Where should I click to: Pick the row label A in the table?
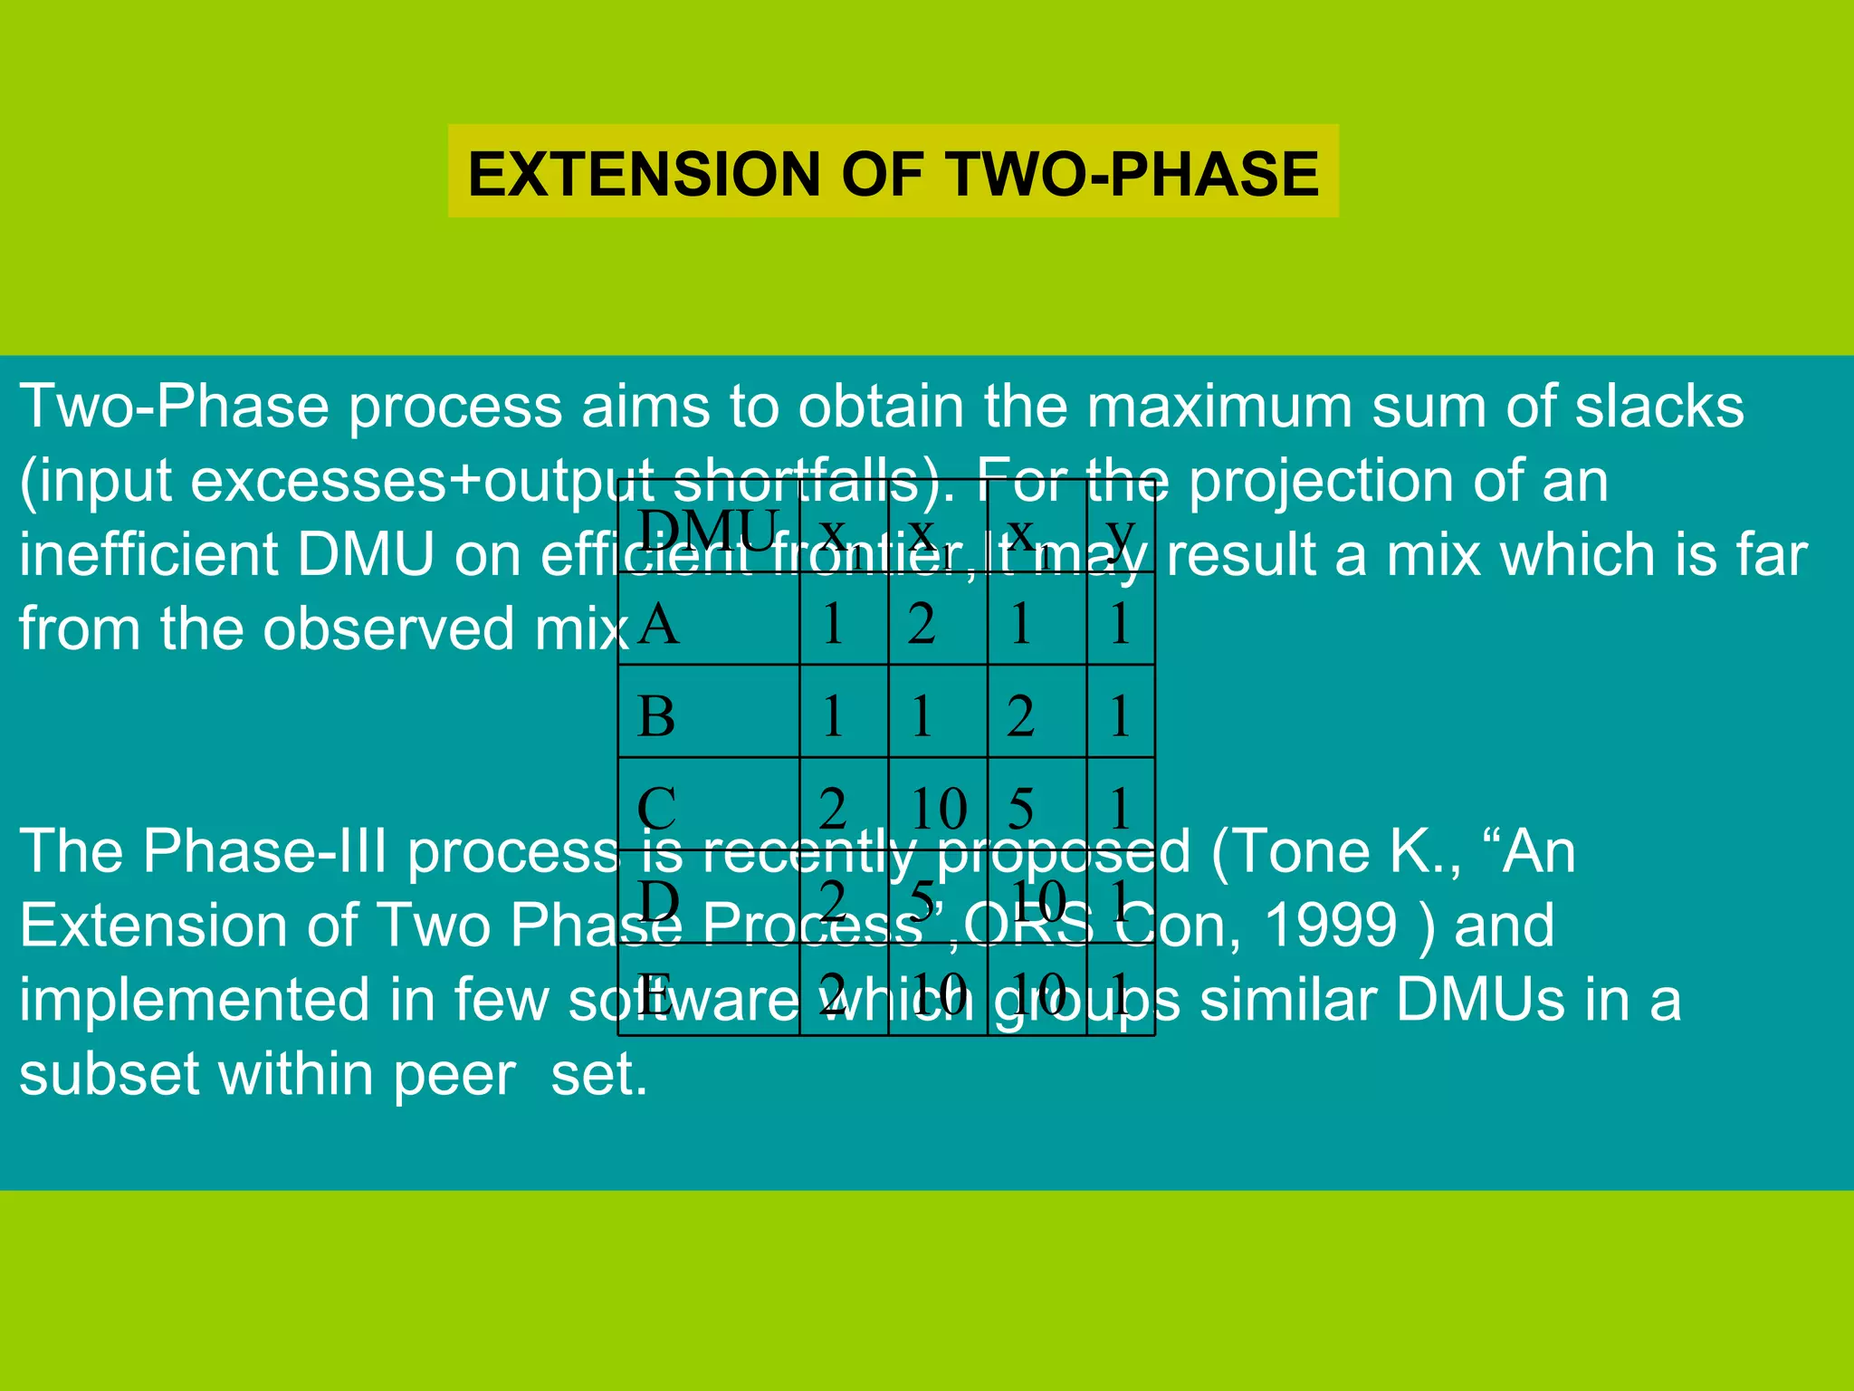coord(658,624)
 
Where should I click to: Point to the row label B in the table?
coord(656,716)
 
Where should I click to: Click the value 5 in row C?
coord(1020,808)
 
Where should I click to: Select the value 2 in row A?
coord(922,624)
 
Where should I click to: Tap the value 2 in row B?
coord(1020,716)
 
